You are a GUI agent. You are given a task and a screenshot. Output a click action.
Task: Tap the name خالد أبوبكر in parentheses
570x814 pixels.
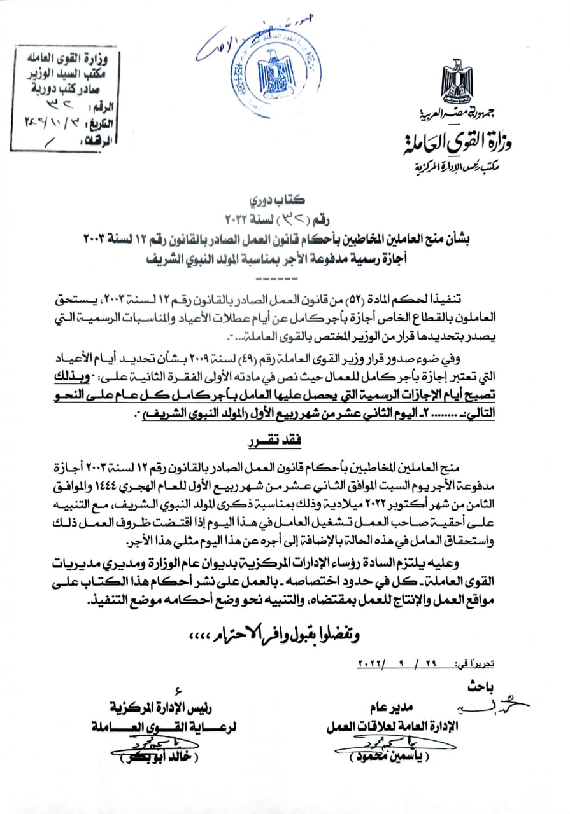coord(146,759)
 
